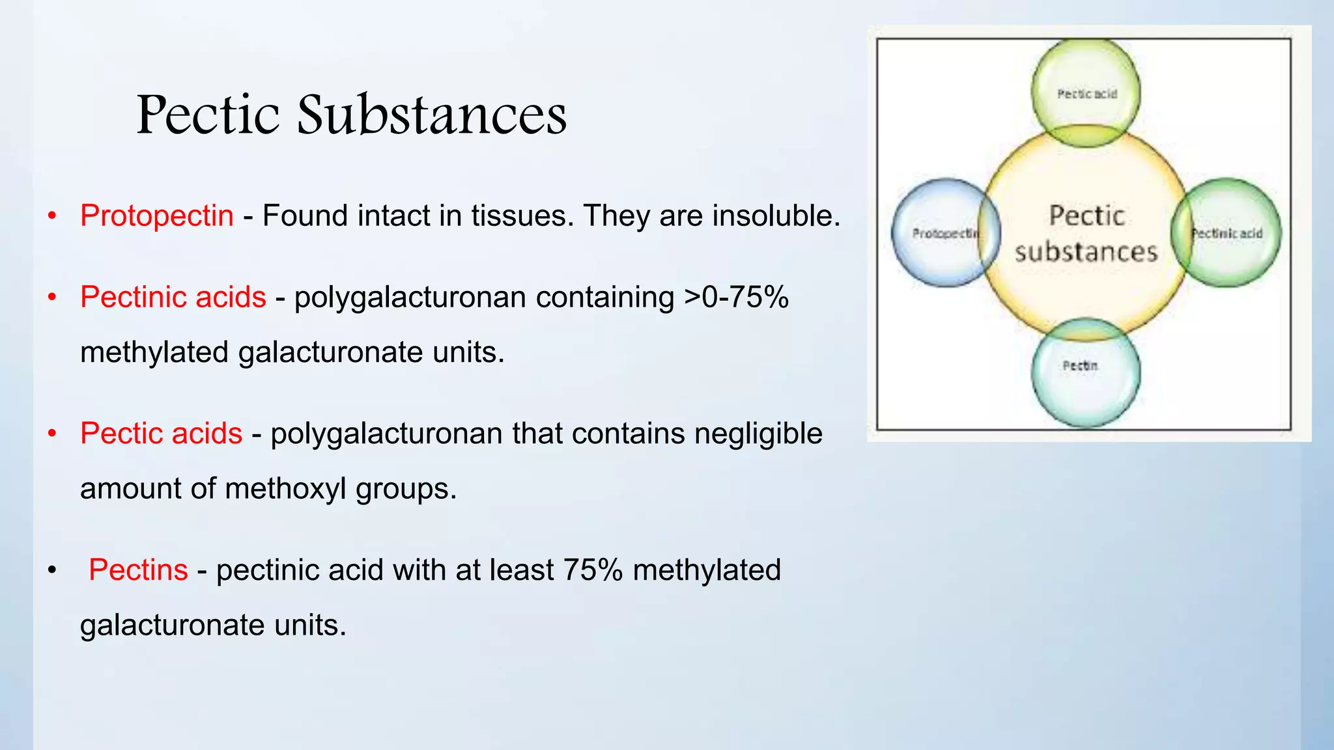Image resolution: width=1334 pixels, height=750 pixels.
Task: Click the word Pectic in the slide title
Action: click(x=208, y=115)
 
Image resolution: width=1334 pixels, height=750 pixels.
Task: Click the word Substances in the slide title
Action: click(x=432, y=115)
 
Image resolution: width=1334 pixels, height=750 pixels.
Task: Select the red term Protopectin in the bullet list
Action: click(x=156, y=215)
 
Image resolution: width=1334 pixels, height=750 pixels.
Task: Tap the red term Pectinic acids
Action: click(x=173, y=297)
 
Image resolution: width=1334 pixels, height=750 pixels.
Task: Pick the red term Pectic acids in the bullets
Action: click(x=161, y=434)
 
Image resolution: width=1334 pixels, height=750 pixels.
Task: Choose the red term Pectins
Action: click(x=138, y=570)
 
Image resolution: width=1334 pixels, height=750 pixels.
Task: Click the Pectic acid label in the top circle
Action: click(x=1086, y=94)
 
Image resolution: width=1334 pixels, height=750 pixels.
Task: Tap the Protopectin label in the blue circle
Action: click(x=945, y=233)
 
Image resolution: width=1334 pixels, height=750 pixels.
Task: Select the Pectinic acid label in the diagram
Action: click(x=1227, y=233)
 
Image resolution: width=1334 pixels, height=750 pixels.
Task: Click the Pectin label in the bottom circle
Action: click(x=1080, y=366)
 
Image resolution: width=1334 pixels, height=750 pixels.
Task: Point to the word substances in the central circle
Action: click(x=1086, y=252)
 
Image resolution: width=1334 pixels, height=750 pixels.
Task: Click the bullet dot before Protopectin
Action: click(x=52, y=215)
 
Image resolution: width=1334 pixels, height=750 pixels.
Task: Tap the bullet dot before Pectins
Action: click(x=52, y=570)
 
